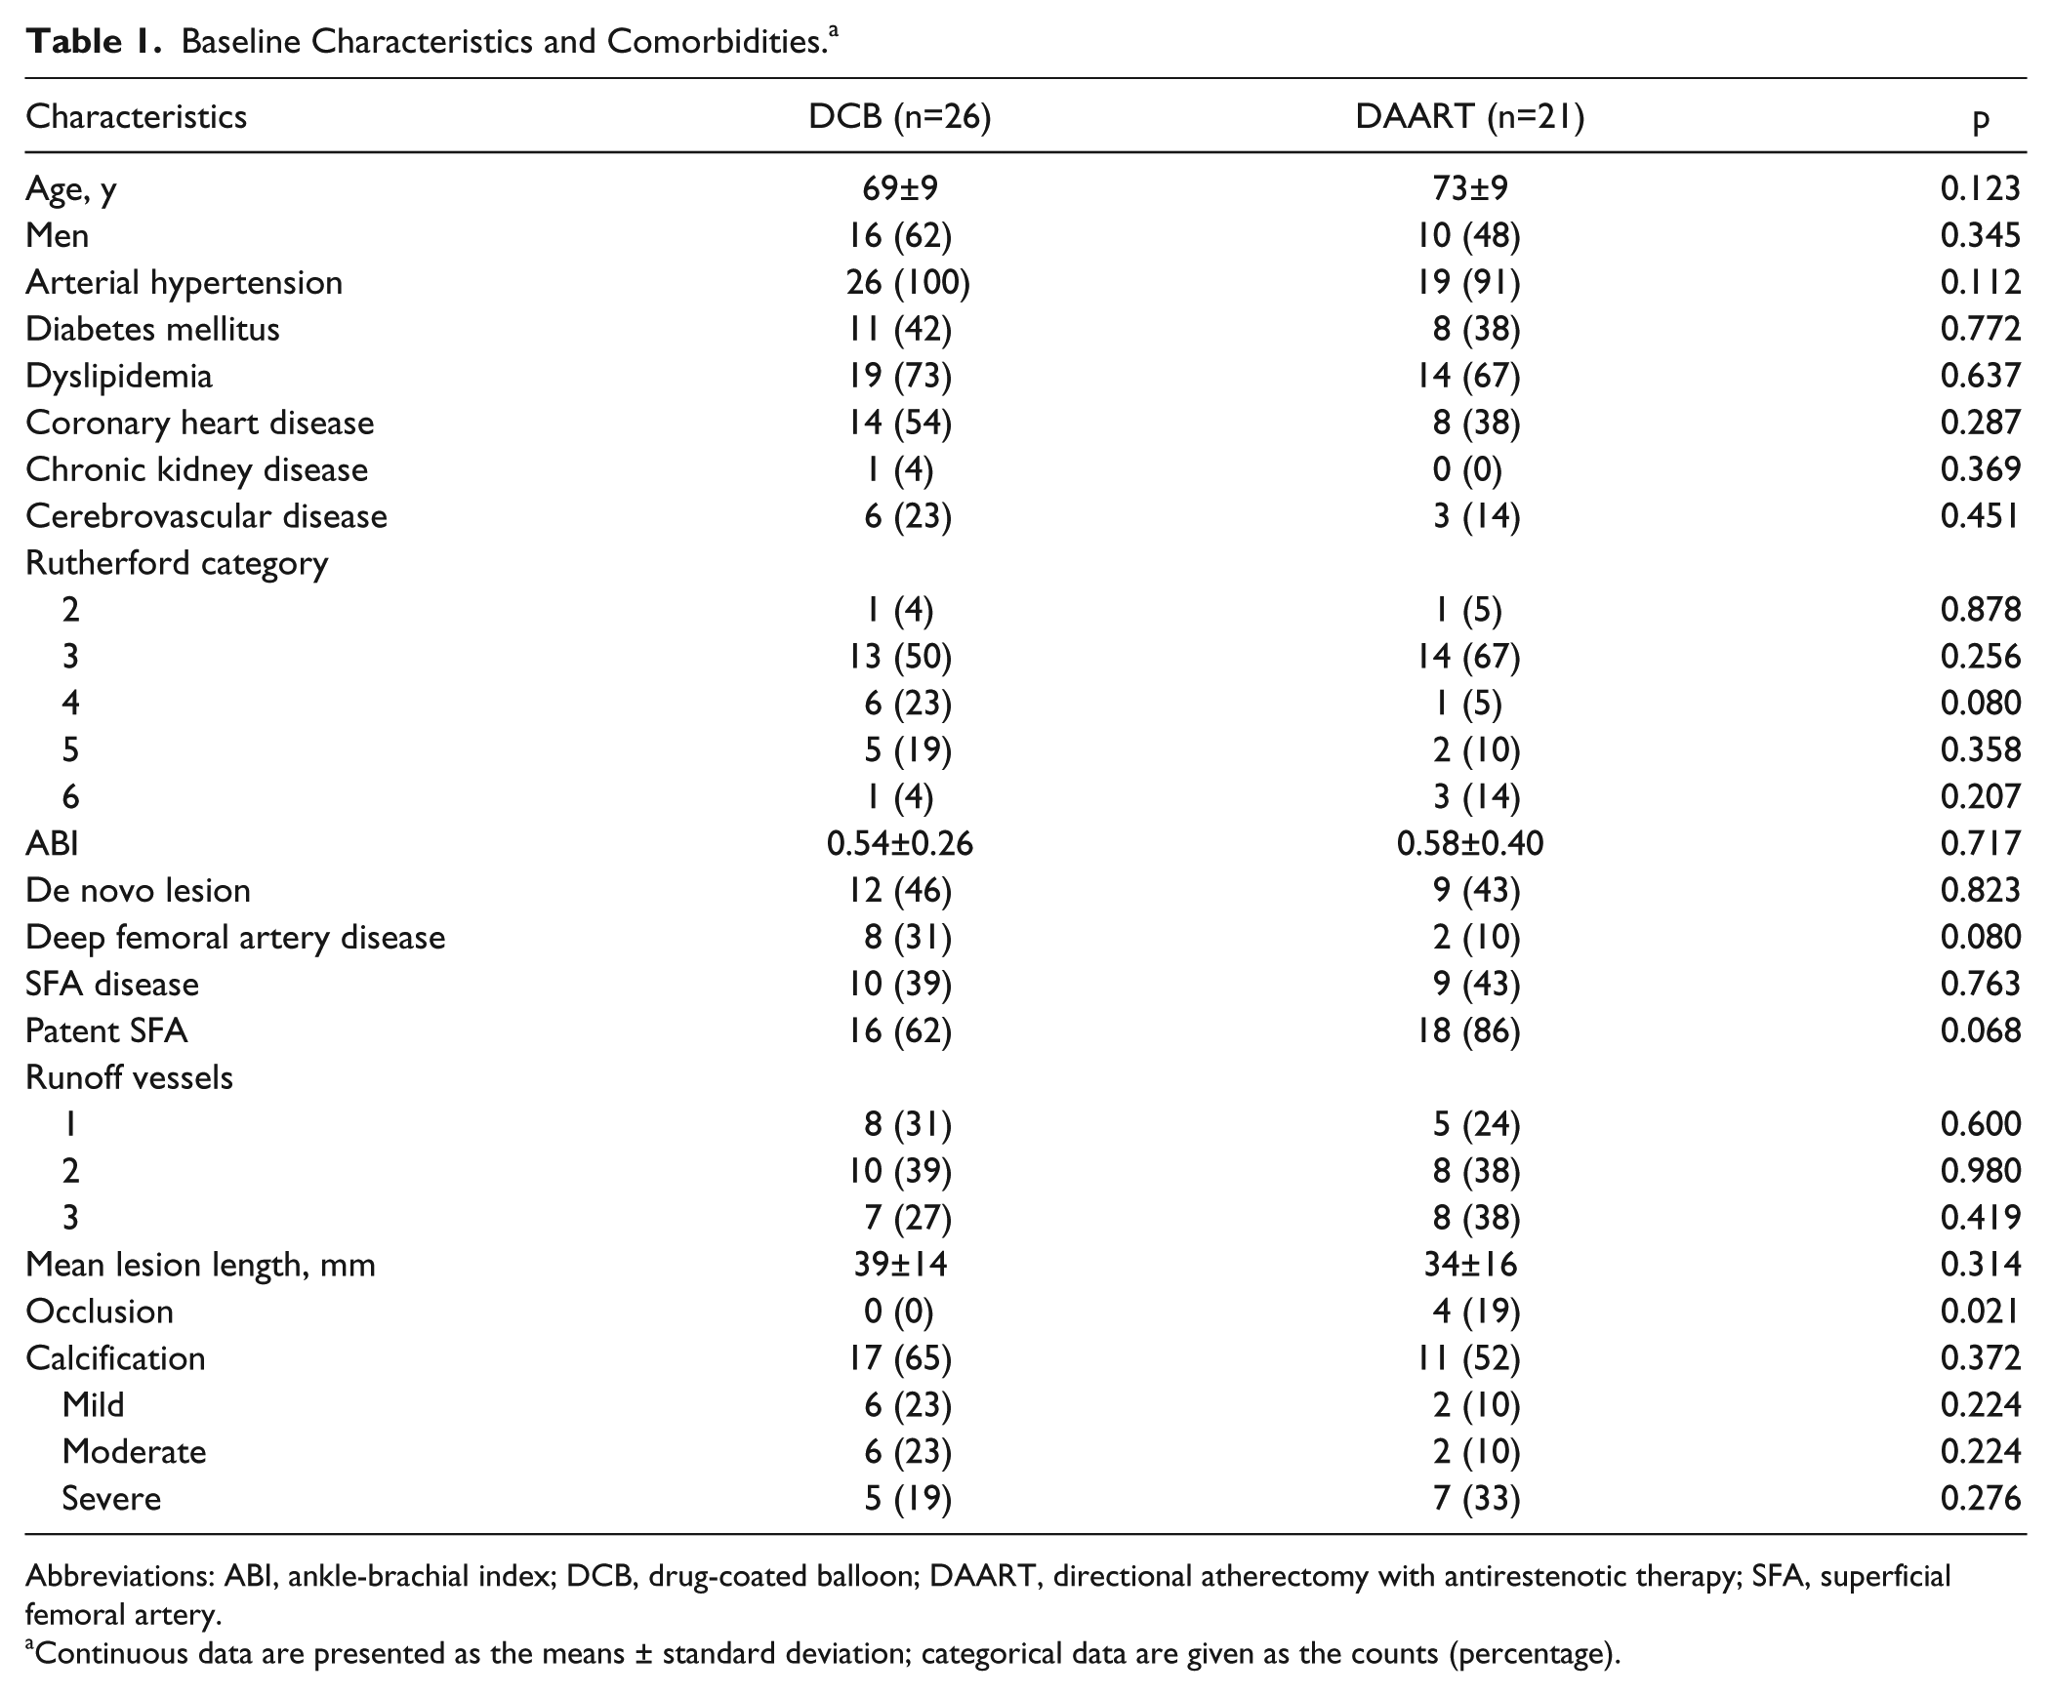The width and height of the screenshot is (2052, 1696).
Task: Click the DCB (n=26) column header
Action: click(899, 117)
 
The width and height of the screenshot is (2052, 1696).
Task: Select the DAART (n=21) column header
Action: click(1469, 117)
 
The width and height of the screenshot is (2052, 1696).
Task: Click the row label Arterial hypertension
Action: click(184, 282)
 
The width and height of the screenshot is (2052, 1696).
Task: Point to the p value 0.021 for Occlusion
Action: click(1981, 1312)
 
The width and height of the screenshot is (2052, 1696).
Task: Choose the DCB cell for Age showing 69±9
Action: click(899, 188)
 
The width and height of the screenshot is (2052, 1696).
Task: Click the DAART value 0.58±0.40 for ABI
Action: click(1469, 843)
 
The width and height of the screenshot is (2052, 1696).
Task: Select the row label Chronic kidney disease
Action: click(196, 470)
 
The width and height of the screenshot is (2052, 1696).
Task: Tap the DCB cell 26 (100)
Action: click(908, 282)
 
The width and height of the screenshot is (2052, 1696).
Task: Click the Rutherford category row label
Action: click(177, 564)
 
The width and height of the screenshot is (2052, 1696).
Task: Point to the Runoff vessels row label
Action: click(129, 1077)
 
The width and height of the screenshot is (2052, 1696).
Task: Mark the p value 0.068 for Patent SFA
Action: click(1981, 1030)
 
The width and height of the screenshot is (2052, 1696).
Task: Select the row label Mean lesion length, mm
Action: click(200, 1265)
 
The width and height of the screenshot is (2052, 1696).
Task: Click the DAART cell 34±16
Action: click(1469, 1265)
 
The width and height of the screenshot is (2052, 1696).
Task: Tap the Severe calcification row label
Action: click(111, 1499)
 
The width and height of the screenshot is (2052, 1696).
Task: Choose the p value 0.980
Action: click(1981, 1171)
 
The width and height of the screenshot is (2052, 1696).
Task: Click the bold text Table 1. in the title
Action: click(94, 41)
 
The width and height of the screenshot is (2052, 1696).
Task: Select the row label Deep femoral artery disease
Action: click(235, 938)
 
